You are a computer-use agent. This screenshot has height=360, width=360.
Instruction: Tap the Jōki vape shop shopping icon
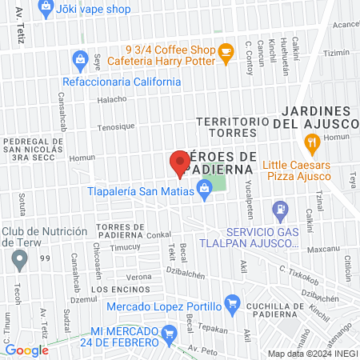(x=46, y=7)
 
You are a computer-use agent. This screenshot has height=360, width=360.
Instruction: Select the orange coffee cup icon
(x=226, y=52)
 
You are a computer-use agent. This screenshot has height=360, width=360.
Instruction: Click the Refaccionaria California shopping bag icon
(x=79, y=58)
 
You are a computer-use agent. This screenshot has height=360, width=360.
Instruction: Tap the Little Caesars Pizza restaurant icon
(x=312, y=144)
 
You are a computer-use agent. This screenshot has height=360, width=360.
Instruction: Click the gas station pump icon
(x=279, y=211)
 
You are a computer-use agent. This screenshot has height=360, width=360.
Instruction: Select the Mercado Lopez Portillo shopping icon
(x=232, y=303)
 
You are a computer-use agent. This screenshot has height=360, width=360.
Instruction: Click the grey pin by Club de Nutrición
(x=20, y=258)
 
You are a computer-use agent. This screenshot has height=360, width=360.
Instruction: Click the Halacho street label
(x=112, y=99)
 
